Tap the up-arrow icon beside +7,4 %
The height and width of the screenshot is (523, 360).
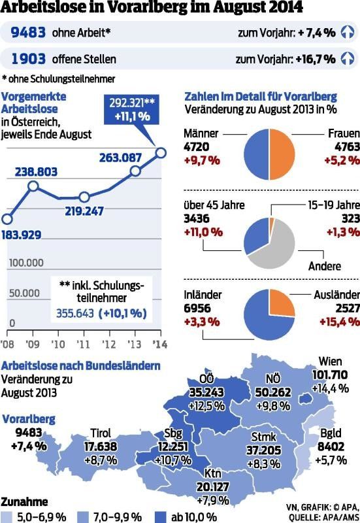click(348, 32)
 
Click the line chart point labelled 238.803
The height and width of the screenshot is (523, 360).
click(34, 186)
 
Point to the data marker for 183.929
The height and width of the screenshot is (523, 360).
click(8, 220)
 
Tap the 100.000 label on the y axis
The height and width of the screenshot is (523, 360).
click(26, 263)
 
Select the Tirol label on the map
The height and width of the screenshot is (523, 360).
click(100, 433)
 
